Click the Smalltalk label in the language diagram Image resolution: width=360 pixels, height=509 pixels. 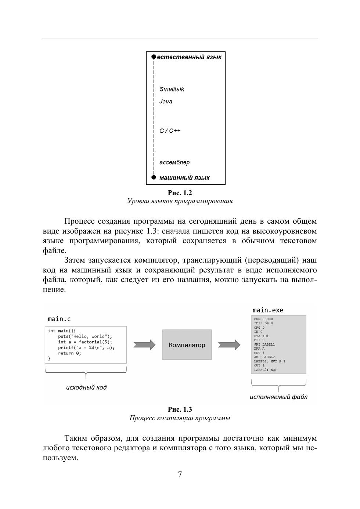coord(172,89)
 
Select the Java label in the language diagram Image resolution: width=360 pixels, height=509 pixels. coord(166,102)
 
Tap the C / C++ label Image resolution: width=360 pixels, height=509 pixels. coord(170,131)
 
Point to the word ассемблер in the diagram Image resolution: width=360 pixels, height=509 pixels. coord(174,162)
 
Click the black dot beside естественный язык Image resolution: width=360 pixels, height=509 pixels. coord(154,57)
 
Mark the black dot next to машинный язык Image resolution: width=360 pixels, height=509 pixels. coord(154,177)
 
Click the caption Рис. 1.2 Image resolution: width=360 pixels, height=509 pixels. coord(180,193)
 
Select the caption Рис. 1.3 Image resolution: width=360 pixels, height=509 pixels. coord(180,409)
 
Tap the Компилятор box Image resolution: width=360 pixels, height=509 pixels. coord(187,345)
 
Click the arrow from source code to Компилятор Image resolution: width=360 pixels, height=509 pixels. coord(144,345)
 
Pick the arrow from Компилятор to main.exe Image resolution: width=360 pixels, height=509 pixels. coord(229,345)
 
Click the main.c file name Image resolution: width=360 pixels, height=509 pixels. coord(59,319)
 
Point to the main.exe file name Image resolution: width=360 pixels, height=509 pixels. coord(268,310)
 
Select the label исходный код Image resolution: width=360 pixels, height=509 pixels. coord(86,387)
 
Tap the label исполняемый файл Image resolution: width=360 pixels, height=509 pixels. coord(278,397)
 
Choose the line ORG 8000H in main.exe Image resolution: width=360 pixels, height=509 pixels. coord(263,319)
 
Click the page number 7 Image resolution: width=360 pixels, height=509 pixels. coord(180,474)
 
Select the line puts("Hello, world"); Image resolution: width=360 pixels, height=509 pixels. coord(85,336)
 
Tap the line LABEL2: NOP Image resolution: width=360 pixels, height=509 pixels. coord(265,370)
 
